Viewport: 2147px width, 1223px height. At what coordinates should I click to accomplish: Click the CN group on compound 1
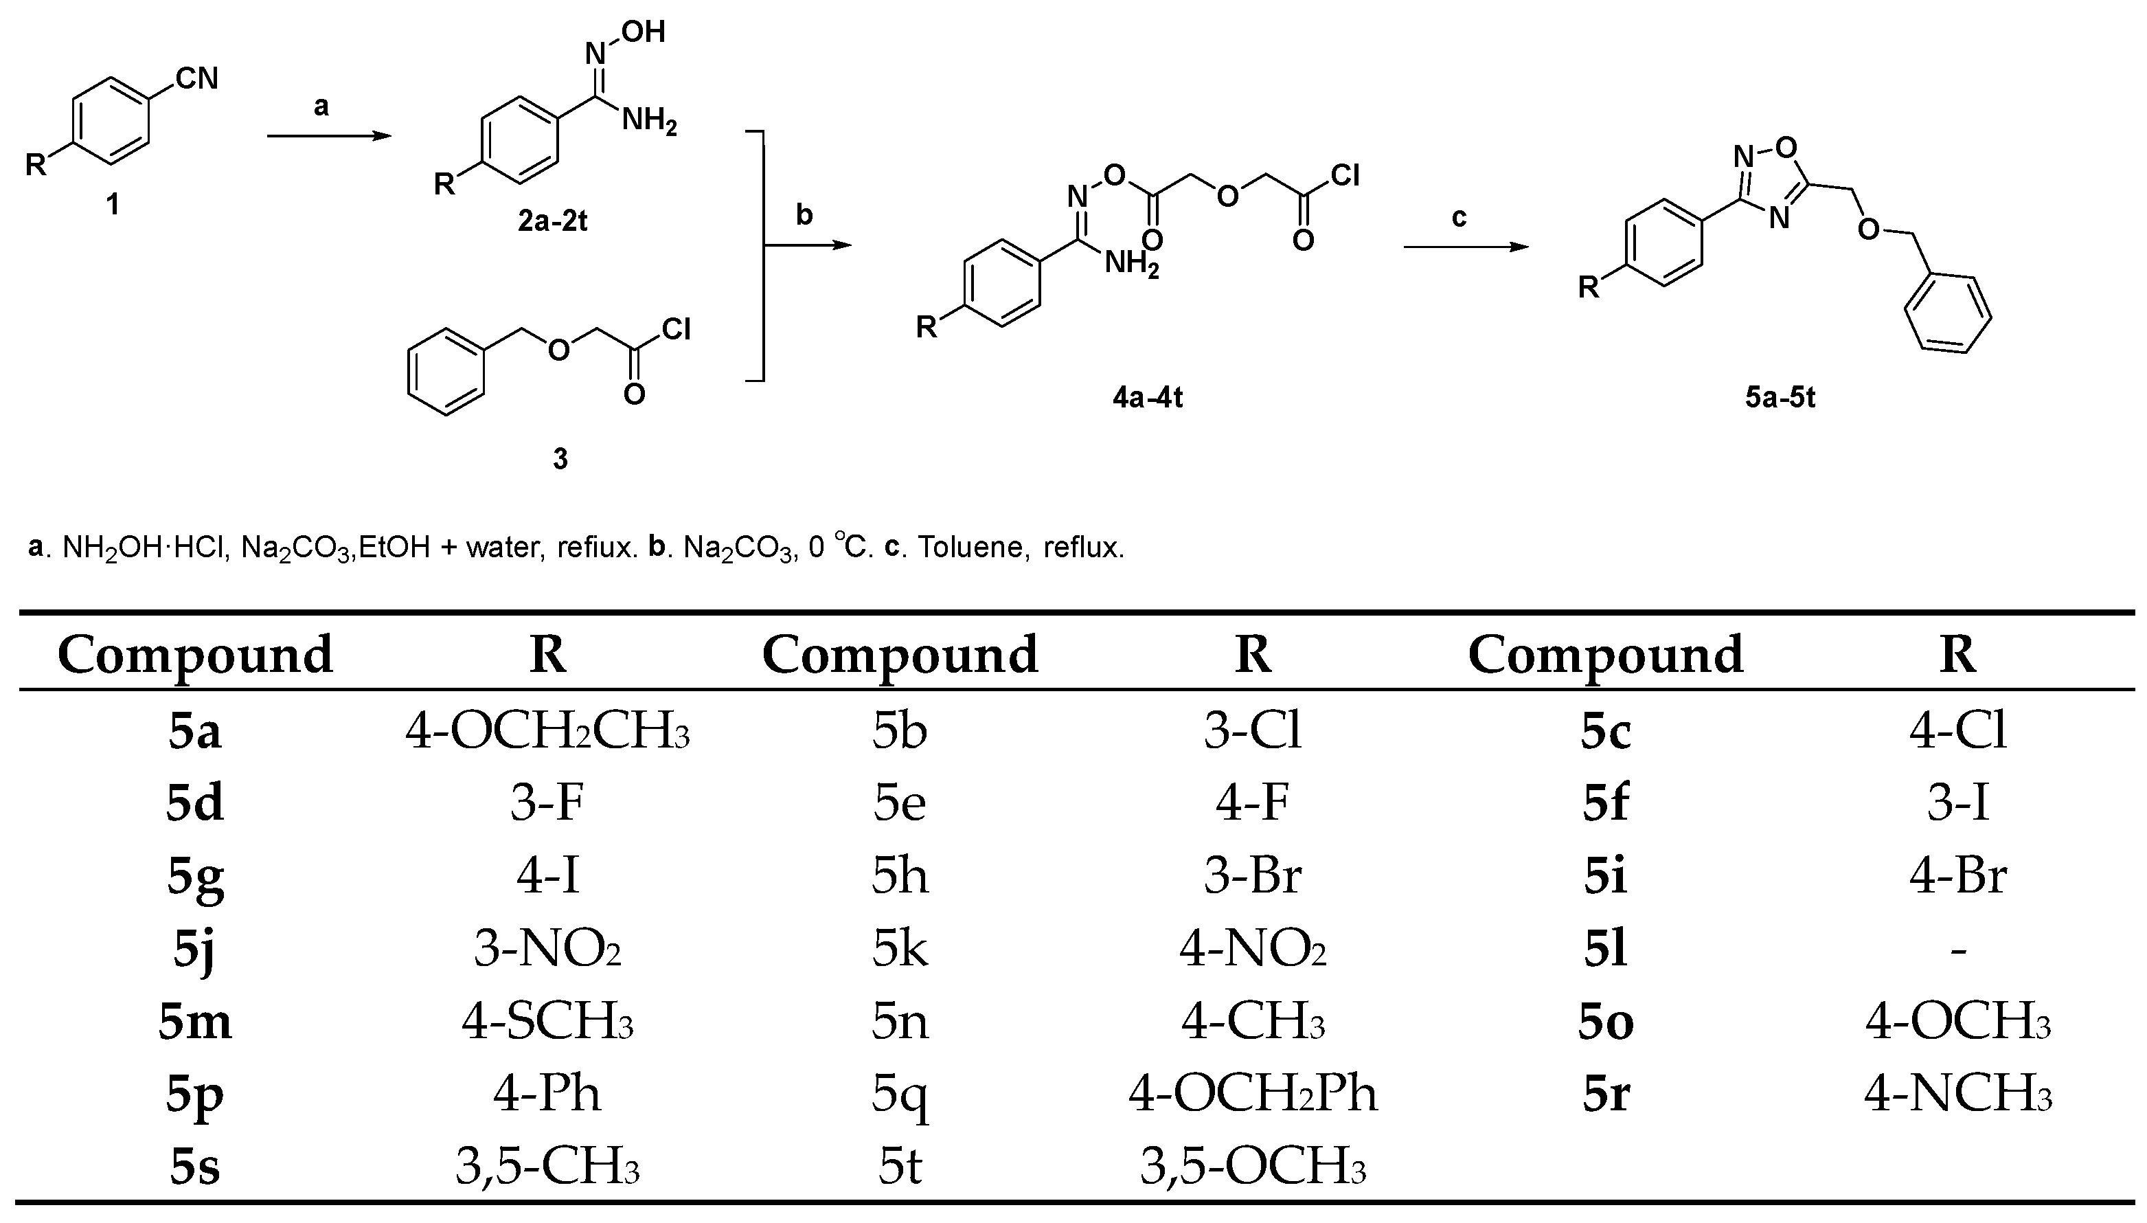tap(196, 79)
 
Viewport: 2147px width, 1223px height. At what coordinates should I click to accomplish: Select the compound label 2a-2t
tap(552, 221)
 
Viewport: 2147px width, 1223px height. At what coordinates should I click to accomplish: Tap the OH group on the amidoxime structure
tap(645, 32)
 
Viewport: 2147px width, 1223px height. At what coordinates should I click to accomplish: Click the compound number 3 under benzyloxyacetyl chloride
tap(560, 459)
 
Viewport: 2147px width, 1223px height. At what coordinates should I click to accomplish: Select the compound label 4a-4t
tap(1148, 396)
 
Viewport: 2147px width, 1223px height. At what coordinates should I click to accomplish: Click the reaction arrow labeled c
tap(1465, 247)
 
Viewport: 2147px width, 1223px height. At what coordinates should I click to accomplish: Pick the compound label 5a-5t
tap(1780, 396)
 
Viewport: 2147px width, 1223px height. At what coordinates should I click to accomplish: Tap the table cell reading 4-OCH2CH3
tap(547, 730)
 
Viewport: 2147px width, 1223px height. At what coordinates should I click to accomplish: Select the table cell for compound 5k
tap(900, 949)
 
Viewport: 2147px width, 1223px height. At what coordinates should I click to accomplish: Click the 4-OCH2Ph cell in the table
tap(1253, 1094)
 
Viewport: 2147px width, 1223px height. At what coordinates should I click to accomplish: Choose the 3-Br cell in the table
tap(1253, 875)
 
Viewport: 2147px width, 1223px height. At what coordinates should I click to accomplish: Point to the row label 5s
tap(195, 1167)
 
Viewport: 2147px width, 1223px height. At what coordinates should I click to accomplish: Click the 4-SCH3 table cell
tap(547, 1022)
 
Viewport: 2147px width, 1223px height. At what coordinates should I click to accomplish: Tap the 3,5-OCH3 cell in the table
tap(1253, 1167)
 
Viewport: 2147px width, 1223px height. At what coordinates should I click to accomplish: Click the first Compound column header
tap(195, 653)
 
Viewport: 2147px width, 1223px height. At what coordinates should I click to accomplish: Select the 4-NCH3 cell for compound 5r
tap(1958, 1094)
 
